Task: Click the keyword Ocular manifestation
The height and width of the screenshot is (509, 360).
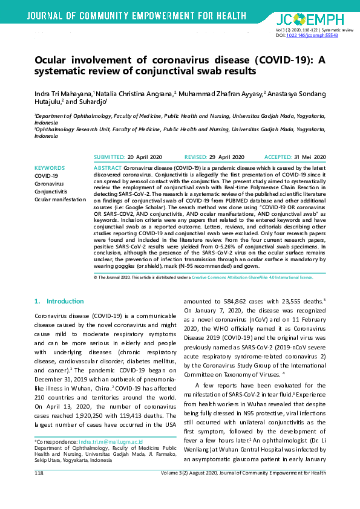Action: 60,199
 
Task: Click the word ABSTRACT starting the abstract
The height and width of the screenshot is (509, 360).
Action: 108,167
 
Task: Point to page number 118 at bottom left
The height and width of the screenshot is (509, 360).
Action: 39,473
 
